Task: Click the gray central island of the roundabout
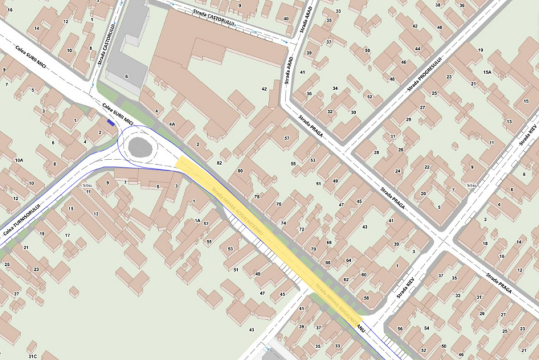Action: click(140, 147)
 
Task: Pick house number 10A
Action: click(19, 161)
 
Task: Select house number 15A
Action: click(487, 72)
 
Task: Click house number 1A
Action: click(198, 220)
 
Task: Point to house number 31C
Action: click(32, 356)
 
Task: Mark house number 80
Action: click(240, 171)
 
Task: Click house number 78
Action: click(257, 196)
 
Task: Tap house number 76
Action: click(279, 204)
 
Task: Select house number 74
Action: click(284, 222)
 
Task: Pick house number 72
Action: click(301, 229)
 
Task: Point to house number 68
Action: click(328, 242)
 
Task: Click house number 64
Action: click(347, 260)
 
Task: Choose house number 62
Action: click(345, 279)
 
